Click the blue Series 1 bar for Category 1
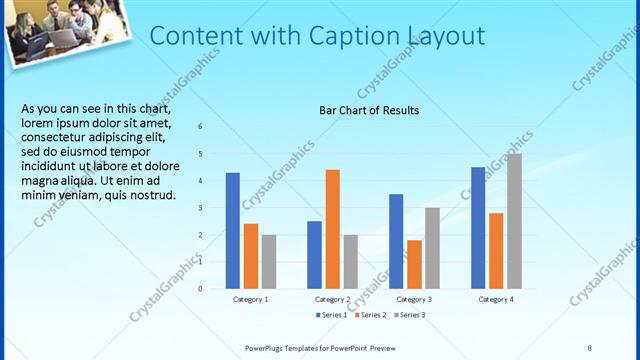click(x=233, y=231)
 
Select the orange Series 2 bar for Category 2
click(x=333, y=229)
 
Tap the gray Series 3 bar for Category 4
click(x=514, y=221)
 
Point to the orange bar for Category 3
click(x=414, y=264)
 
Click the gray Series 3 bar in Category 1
click(x=269, y=262)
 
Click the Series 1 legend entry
click(x=333, y=315)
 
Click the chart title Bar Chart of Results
click(x=368, y=110)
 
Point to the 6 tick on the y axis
click(x=200, y=127)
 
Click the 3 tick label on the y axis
click(x=200, y=208)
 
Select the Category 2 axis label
click(x=332, y=299)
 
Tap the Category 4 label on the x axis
click(x=496, y=299)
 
